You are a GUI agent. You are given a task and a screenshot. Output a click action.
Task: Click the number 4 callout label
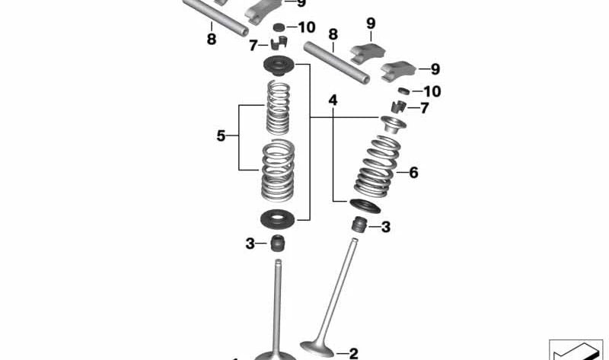(332, 100)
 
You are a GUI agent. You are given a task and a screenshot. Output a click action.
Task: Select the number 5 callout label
(222, 136)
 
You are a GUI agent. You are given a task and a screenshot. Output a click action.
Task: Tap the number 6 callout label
(413, 173)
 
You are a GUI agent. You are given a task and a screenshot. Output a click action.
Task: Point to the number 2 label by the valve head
(352, 352)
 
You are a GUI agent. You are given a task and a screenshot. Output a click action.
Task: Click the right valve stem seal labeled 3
(359, 225)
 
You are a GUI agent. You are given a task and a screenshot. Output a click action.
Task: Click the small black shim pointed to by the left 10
(280, 28)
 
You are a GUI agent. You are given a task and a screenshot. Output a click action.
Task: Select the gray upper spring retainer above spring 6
(391, 123)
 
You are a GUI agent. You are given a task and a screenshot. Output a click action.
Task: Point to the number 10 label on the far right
(432, 91)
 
